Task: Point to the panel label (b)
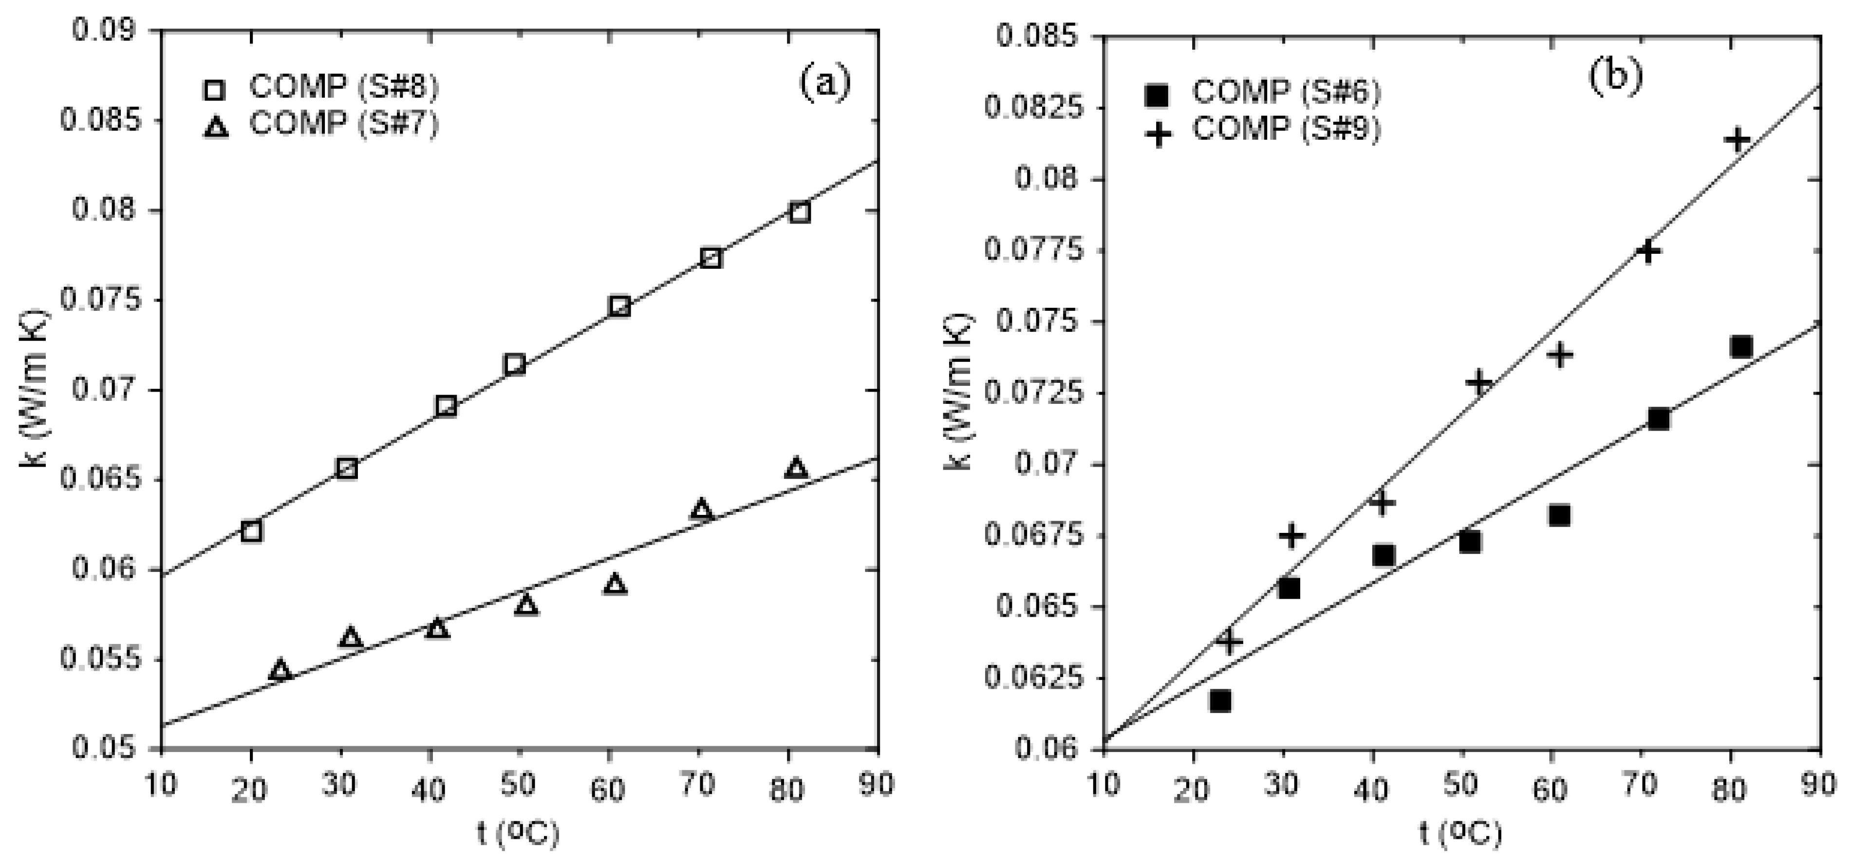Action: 1615,77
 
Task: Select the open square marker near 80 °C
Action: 799,213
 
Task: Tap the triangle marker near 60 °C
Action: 616,584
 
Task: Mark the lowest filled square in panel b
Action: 1220,700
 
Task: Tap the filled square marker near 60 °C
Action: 1559,515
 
